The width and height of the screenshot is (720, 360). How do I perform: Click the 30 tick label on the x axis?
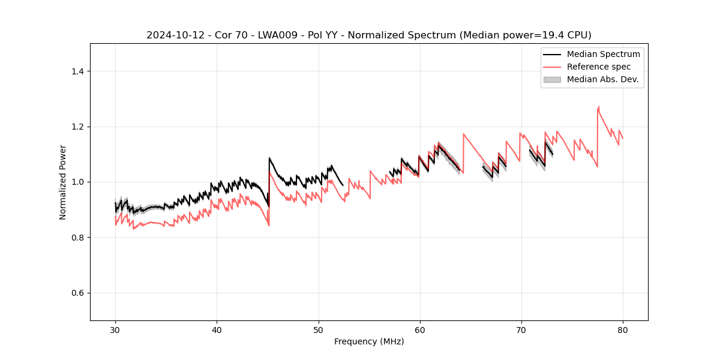pos(115,330)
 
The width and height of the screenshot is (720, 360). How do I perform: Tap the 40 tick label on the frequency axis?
pos(217,330)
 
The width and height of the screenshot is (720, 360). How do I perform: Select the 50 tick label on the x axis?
pos(319,330)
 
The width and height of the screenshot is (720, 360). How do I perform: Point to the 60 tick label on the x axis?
pos(420,330)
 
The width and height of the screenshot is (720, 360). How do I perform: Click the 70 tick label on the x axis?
pos(521,330)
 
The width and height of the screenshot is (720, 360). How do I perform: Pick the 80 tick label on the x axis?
pos(623,330)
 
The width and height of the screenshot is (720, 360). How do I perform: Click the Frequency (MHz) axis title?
pos(369,341)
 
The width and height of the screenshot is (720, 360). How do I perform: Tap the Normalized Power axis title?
pos(63,182)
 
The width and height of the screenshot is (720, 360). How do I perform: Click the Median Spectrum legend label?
pos(603,54)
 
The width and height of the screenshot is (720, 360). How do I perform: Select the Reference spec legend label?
pos(599,67)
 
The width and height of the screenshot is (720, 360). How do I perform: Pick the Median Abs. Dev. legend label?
pos(602,79)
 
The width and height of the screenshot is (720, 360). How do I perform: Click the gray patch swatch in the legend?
pos(552,79)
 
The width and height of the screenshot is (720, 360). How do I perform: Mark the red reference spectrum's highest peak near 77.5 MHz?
pos(598,107)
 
